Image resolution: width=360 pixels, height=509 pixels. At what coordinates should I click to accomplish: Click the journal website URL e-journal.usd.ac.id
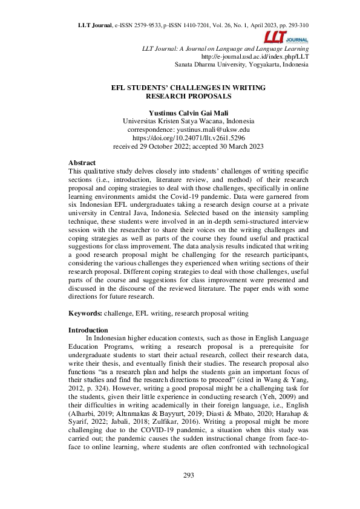tap(261, 56)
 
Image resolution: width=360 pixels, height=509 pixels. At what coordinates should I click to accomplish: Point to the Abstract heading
tap(82, 163)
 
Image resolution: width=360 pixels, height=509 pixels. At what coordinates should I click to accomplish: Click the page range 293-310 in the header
tap(296, 25)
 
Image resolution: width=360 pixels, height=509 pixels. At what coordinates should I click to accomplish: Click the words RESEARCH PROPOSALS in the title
tap(189, 96)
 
